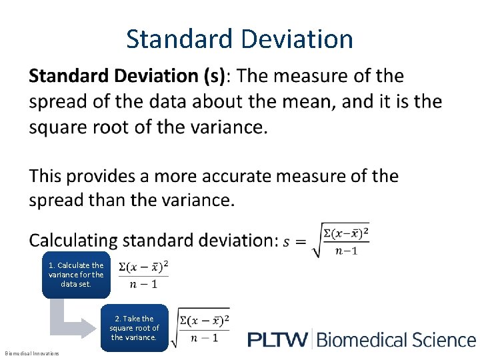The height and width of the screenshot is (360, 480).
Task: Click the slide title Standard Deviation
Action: [239, 39]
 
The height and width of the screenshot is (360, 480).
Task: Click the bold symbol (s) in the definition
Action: [214, 76]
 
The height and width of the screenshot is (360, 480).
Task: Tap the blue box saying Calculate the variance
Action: [76, 274]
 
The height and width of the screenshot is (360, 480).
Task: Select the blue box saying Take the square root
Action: [134, 328]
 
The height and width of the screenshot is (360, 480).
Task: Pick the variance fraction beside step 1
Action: [143, 275]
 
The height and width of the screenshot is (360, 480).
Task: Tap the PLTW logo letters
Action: [278, 340]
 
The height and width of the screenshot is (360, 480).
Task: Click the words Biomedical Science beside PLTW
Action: [396, 340]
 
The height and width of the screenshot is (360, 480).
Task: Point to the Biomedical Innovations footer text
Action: [32, 353]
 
